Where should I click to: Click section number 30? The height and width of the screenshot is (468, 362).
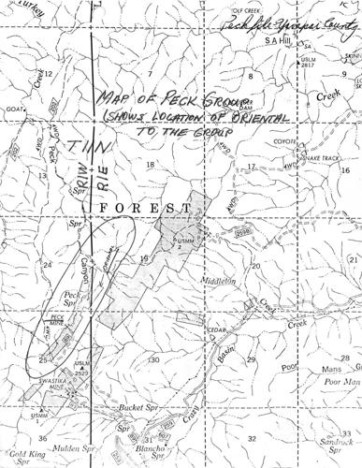(152, 359)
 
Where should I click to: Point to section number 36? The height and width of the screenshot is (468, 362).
(41, 437)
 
